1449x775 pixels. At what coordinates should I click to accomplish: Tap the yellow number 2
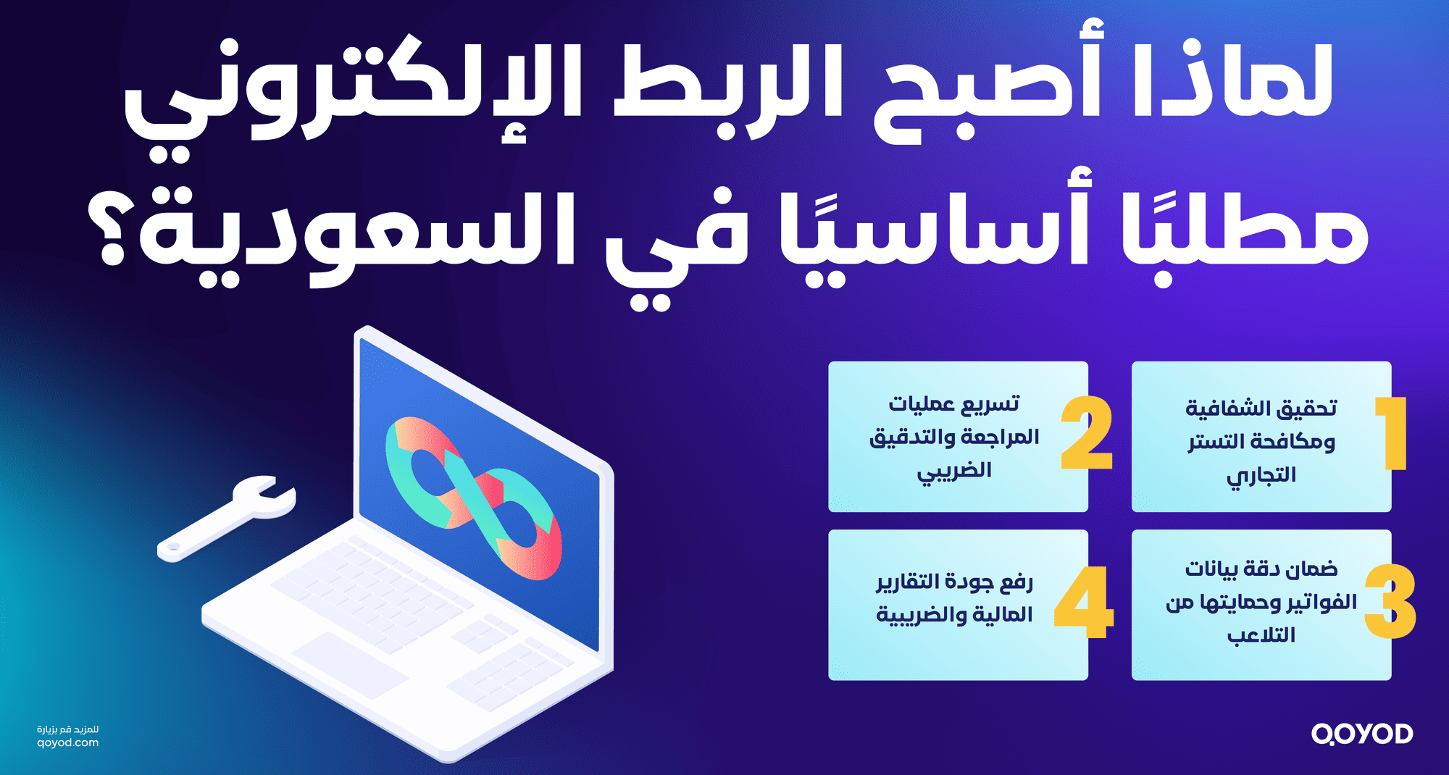[1086, 433]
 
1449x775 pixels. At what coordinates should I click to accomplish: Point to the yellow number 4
[1083, 602]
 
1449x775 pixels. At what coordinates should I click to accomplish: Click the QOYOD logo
[1361, 734]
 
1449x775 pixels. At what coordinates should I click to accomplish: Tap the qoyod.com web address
[67, 742]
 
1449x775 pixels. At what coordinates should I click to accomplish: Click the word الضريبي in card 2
[954, 472]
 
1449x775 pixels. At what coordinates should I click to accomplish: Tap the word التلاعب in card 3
[1261, 635]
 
